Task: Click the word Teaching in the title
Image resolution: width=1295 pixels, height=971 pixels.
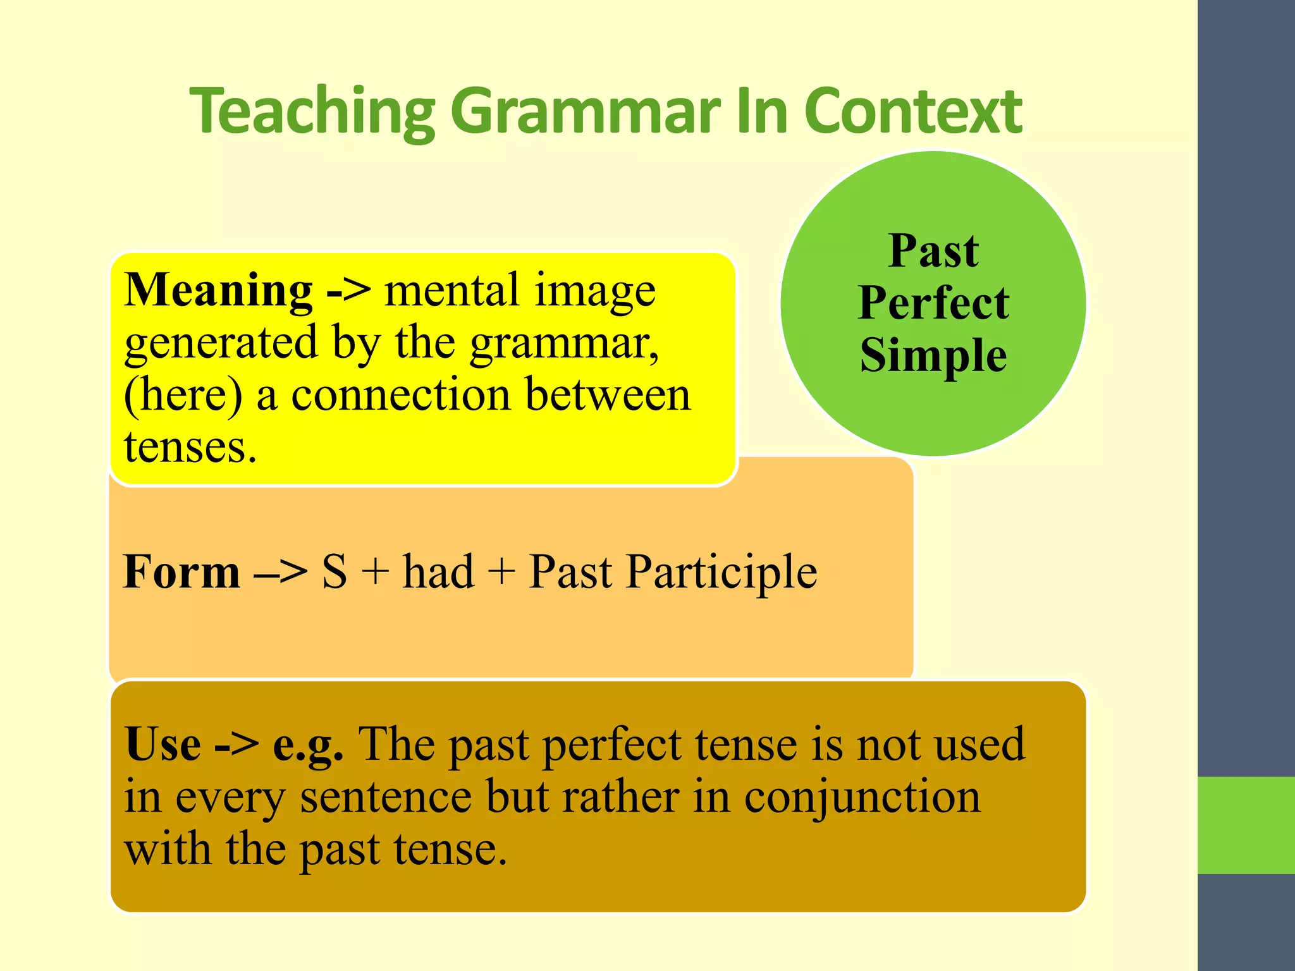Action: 312,113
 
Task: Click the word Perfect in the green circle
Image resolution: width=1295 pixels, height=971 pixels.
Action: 933,303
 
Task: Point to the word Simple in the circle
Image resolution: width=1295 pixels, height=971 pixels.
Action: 933,355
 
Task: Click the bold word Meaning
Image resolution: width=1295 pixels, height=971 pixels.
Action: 218,290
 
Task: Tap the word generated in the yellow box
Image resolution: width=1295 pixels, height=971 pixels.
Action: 221,343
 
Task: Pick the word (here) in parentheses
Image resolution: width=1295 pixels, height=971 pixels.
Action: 183,395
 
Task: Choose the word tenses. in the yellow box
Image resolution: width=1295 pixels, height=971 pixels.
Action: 190,448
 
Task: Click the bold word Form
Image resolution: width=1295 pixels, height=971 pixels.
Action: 181,571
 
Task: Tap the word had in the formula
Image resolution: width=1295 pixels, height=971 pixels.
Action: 438,571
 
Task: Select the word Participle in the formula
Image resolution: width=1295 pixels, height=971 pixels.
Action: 721,573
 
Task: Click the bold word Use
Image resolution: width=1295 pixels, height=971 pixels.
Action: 163,744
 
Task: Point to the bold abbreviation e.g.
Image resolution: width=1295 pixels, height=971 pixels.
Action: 308,745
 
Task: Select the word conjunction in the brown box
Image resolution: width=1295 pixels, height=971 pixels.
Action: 862,798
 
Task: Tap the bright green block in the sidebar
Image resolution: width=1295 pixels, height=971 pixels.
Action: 1246,825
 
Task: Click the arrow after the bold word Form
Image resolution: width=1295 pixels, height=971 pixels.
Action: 280,573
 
